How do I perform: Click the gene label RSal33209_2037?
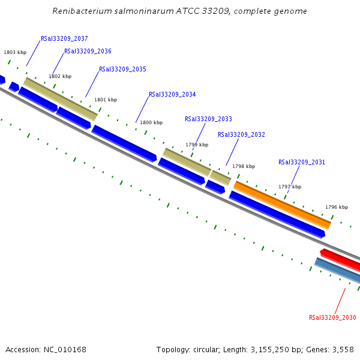(64, 38)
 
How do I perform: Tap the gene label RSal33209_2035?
(122, 70)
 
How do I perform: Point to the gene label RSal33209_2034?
(172, 95)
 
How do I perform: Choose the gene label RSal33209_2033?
(208, 119)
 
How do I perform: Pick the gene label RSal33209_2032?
(241, 135)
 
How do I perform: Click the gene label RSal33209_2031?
(302, 162)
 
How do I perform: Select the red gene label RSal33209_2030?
(332, 318)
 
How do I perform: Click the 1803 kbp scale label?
(15, 53)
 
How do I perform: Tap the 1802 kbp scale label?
(60, 77)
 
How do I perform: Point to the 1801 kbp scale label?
(106, 100)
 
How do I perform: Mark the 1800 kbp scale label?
(151, 123)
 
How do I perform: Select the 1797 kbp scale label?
(290, 187)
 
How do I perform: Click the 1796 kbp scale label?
(337, 208)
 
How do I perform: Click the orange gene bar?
(282, 205)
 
